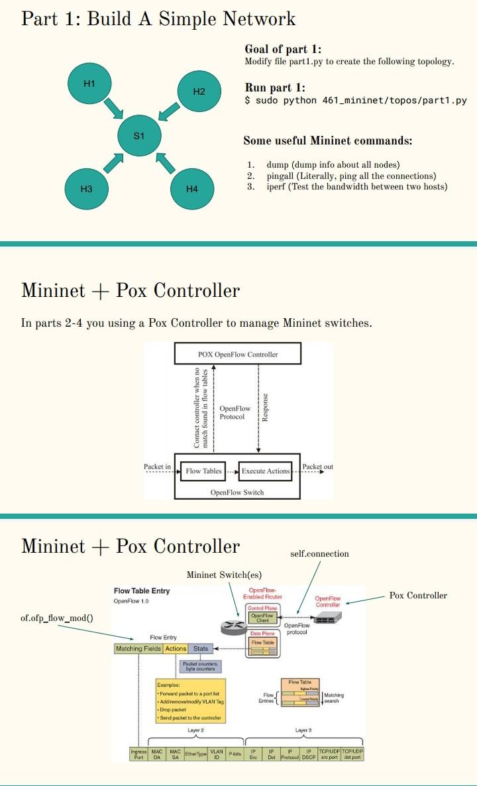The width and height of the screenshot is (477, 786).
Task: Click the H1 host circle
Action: point(89,84)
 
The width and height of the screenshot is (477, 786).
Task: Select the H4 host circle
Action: point(192,189)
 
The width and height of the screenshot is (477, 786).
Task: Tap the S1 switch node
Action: point(139,136)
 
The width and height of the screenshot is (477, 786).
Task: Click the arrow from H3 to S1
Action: point(114,162)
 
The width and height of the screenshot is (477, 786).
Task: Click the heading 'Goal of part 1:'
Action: point(283,50)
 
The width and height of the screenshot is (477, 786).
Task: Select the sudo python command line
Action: point(356,100)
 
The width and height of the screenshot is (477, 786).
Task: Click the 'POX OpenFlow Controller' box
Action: point(238,354)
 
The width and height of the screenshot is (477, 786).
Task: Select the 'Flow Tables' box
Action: point(203,471)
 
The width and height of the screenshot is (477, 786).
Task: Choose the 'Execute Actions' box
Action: point(266,471)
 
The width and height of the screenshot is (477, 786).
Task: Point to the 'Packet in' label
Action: point(158,467)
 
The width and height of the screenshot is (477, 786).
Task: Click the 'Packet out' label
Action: point(317,467)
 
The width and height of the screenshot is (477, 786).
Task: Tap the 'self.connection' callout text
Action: point(319,553)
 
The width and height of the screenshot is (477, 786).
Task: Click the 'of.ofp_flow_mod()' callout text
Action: point(57,618)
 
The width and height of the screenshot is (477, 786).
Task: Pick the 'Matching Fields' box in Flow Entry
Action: point(138,648)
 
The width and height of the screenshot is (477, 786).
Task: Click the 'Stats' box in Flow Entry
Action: point(201,648)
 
